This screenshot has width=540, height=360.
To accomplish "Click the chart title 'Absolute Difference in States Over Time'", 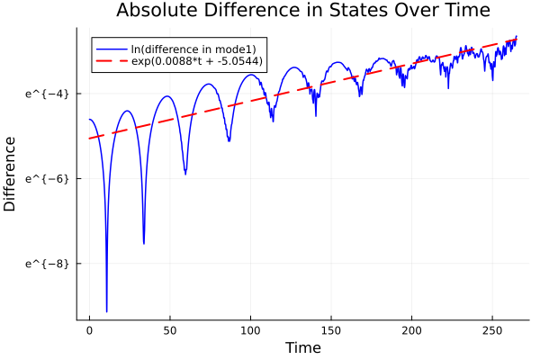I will tap(302, 11).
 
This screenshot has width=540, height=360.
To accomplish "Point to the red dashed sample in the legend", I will tap(112, 61).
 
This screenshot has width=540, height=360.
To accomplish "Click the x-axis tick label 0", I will tap(89, 330).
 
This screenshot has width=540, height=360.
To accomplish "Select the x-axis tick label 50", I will tap(170, 330).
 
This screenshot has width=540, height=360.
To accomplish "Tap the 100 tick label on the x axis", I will tap(250, 330).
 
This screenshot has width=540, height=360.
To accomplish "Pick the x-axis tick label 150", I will tap(331, 330).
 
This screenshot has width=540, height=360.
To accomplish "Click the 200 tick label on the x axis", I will tap(411, 330).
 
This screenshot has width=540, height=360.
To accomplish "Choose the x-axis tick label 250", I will tap(492, 330).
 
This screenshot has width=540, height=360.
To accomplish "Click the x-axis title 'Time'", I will tap(302, 347).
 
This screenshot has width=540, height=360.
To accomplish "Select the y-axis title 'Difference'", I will tap(11, 174).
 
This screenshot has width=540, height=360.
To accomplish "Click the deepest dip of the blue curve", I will tap(106, 311).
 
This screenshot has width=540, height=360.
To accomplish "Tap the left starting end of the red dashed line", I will tap(89, 139).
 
